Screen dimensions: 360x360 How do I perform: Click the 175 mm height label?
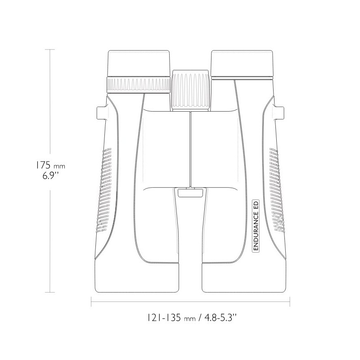point(50,165)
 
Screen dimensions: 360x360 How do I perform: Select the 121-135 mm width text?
point(171,318)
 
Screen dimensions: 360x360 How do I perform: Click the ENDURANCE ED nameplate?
point(256,226)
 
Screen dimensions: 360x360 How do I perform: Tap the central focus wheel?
point(190,90)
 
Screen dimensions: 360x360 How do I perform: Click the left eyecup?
point(139,63)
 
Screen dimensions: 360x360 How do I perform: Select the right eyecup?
point(242,64)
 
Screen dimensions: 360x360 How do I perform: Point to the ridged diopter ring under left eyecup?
point(139,85)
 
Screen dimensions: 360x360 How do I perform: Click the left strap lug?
point(102,113)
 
